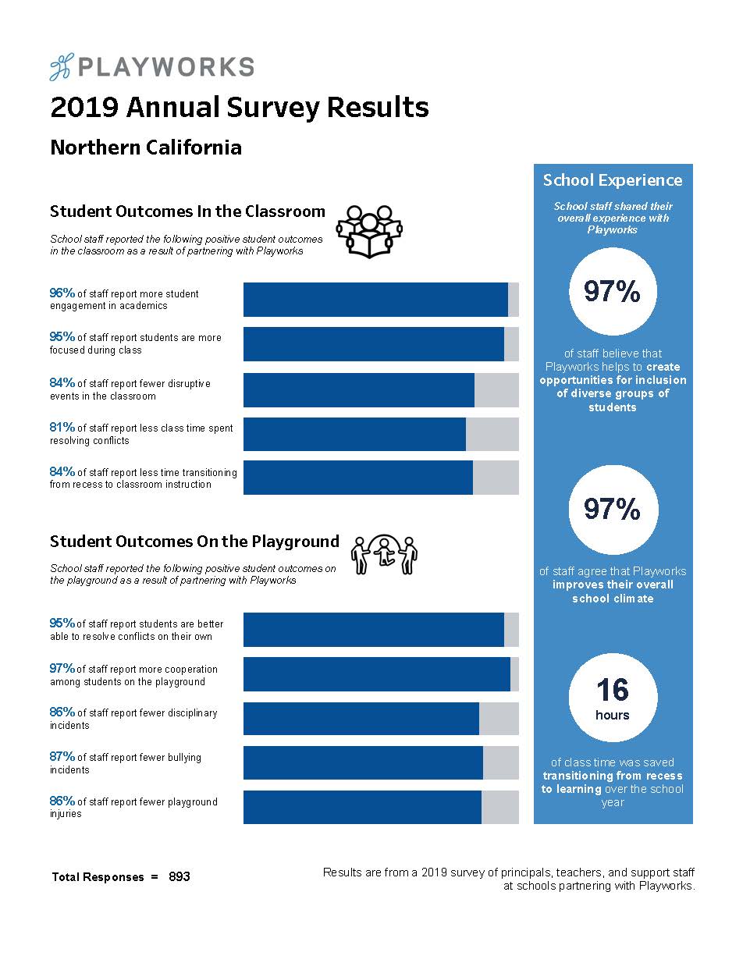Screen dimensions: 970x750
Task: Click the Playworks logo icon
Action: [60, 68]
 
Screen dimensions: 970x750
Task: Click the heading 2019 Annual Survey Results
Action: [239, 108]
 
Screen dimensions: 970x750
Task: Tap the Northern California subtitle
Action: [145, 147]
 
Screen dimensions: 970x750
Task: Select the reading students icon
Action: [368, 232]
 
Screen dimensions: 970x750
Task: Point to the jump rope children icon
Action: [385, 555]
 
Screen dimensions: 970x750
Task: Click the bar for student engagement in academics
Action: [380, 300]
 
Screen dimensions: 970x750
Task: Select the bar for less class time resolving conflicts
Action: [380, 434]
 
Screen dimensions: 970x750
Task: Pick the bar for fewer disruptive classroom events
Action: [380, 389]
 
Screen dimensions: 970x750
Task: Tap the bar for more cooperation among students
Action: [380, 674]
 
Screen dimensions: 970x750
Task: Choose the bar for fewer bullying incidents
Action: [380, 762]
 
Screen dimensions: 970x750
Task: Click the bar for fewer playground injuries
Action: [380, 807]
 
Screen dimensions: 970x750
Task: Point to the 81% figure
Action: [62, 428]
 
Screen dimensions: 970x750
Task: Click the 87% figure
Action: [62, 757]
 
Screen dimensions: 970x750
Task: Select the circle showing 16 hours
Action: [613, 698]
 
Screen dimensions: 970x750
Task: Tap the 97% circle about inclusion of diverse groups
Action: [613, 292]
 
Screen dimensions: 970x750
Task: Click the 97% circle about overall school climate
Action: [613, 510]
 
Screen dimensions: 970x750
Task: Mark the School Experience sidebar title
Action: [613, 180]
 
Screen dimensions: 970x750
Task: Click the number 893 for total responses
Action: [180, 876]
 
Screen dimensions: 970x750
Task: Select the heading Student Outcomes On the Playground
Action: [194, 542]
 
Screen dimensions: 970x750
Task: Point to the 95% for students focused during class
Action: [62, 337]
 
